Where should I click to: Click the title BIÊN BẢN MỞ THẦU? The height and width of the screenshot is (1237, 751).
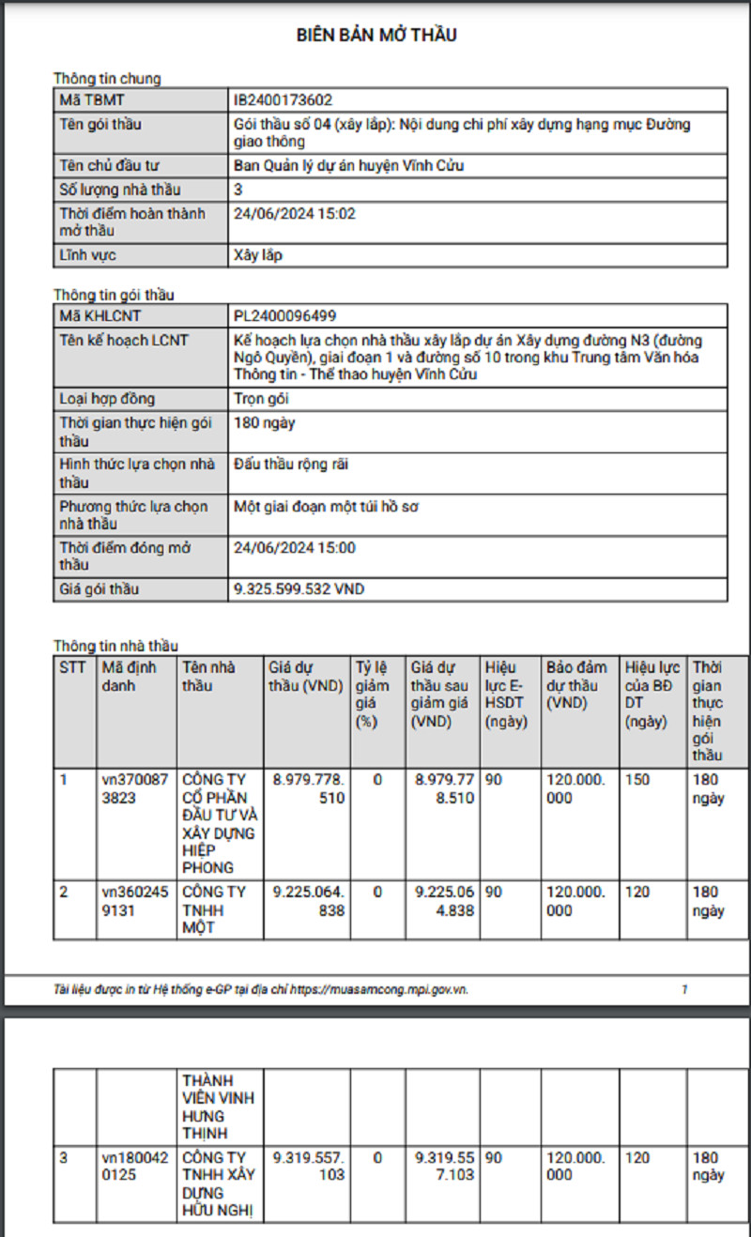pos(376,36)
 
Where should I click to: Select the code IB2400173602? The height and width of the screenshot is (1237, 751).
pos(283,99)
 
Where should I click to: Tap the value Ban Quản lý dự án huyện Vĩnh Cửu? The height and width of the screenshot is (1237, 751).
pos(348,166)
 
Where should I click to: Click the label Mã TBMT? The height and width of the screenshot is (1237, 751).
pos(92,99)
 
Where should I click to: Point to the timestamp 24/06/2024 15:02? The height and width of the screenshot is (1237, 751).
pos(294,214)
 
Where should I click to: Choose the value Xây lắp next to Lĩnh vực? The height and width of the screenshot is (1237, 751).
pos(257,255)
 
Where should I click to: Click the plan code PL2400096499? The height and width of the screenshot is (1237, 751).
pos(284,316)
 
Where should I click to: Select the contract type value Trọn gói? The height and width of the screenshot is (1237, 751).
pos(260,400)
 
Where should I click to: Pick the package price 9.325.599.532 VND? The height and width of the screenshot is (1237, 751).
pos(299,589)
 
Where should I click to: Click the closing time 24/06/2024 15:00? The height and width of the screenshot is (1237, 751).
pos(294,548)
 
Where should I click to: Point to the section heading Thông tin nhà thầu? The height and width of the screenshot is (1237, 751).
pos(115,646)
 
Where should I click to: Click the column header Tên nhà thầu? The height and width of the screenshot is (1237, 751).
pos(208,677)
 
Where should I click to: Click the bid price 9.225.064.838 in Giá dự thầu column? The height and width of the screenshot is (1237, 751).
pos(309,901)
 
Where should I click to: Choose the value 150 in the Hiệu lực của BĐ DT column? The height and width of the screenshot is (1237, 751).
pos(637,780)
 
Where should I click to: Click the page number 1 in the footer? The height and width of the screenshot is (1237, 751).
pos(684,989)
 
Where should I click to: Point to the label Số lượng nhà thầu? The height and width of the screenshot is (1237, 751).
pos(119,191)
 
